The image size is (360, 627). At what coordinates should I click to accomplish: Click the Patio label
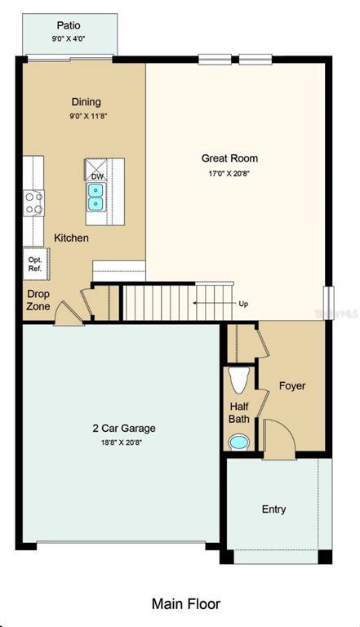click(69, 25)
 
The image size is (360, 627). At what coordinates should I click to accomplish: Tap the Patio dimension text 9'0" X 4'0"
click(69, 38)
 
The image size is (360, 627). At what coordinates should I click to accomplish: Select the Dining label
click(86, 102)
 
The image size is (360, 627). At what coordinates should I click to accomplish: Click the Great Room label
click(229, 158)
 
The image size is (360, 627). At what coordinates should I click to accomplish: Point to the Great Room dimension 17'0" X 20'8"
click(229, 173)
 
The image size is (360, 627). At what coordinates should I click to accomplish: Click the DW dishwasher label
click(96, 176)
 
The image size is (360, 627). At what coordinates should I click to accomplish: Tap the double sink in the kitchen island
click(96, 195)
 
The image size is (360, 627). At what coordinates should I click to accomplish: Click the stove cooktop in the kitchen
click(33, 202)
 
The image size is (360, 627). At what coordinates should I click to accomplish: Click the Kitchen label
click(71, 238)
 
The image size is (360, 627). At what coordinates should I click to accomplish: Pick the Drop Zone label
click(38, 300)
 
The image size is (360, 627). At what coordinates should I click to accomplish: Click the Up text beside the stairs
click(243, 304)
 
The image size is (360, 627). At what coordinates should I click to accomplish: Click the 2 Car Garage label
click(123, 428)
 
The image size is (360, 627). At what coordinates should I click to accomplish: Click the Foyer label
click(291, 385)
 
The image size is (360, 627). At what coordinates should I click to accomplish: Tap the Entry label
click(273, 509)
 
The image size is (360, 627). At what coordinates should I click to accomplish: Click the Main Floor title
click(185, 604)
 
